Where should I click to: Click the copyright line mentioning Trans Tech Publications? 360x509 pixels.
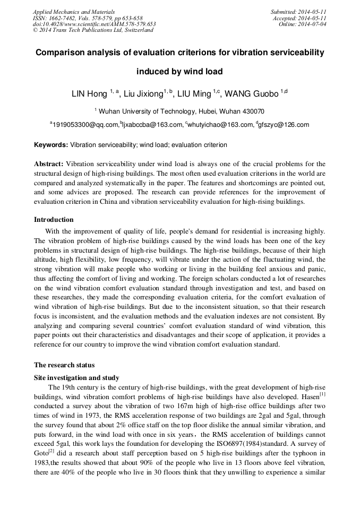pos(93,30)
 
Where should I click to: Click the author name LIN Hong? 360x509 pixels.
pos(90,94)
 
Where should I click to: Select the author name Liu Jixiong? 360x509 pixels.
pos(143,94)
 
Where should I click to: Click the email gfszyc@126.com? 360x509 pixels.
pos(284,125)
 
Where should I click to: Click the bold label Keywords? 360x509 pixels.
pos(51,144)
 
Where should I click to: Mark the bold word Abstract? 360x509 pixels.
pos(49,164)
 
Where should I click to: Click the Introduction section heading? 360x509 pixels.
pos(54,219)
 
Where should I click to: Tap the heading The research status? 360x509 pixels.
pos(64,365)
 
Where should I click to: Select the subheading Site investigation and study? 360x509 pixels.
pos(76,377)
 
